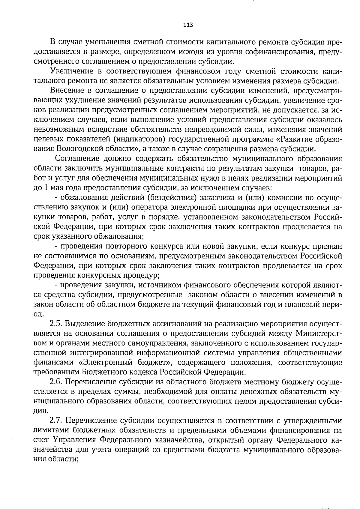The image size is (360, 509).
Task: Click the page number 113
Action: (x=188, y=25)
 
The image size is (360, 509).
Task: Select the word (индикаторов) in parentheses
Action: (x=136, y=139)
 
